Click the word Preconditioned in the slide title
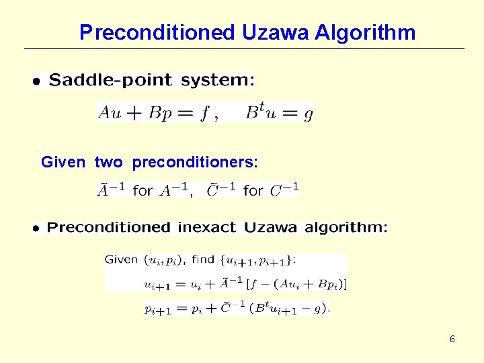(157, 32)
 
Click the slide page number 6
(452, 339)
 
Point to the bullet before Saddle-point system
(37, 81)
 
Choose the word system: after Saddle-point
(218, 81)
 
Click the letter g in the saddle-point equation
(308, 114)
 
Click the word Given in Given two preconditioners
(63, 162)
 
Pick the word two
(109, 162)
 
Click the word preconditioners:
(195, 162)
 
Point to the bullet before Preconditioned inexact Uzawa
(37, 229)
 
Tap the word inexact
(206, 227)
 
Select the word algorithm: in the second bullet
(346, 227)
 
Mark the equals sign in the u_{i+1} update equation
(179, 284)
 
